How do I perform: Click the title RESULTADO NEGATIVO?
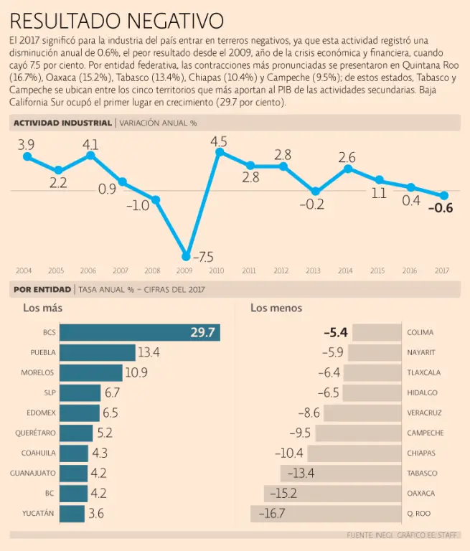coord(117,19)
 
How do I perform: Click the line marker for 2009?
coord(187,256)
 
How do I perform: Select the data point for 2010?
coord(219,152)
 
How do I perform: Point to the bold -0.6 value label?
coord(440,209)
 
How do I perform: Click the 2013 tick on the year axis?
coord(313,271)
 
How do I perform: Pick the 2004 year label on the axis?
coord(24,271)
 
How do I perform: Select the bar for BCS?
coord(139,332)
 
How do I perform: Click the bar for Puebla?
coord(97,352)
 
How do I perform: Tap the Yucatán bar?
coord(72,514)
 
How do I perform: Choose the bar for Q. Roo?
coord(325,514)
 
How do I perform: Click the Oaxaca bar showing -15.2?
coord(332,494)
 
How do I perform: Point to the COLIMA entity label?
coord(420,333)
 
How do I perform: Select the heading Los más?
coord(42,308)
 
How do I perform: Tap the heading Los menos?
coord(276,308)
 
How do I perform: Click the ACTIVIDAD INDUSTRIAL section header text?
coord(62,123)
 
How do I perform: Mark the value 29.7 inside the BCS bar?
coord(202,332)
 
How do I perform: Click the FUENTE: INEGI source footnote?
coord(403,535)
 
